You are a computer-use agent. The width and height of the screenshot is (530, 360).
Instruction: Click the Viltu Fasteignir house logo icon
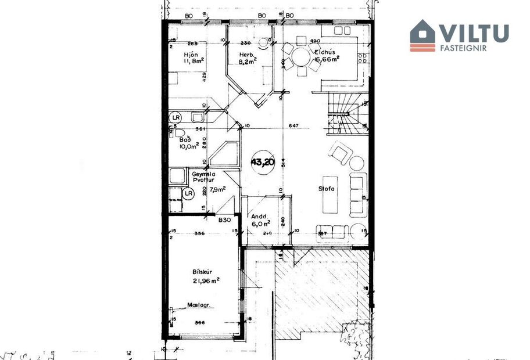(x=422, y=35)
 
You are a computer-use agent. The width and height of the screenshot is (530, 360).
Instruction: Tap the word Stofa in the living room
(x=326, y=189)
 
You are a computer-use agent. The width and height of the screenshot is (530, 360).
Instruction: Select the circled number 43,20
(x=263, y=163)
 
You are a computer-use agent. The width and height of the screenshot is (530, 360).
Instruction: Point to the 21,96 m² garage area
(x=206, y=281)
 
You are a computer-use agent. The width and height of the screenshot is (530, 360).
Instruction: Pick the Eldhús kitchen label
(x=323, y=50)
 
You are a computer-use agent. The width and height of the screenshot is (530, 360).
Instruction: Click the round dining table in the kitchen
(x=301, y=57)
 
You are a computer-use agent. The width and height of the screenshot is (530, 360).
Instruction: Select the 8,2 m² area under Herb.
(x=249, y=59)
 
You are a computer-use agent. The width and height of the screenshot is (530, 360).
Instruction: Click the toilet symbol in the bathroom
(x=175, y=132)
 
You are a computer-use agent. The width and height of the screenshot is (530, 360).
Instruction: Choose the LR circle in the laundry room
(x=188, y=194)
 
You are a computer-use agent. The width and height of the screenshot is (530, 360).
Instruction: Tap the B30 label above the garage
(x=225, y=220)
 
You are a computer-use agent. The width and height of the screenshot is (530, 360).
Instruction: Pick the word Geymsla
(x=203, y=173)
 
